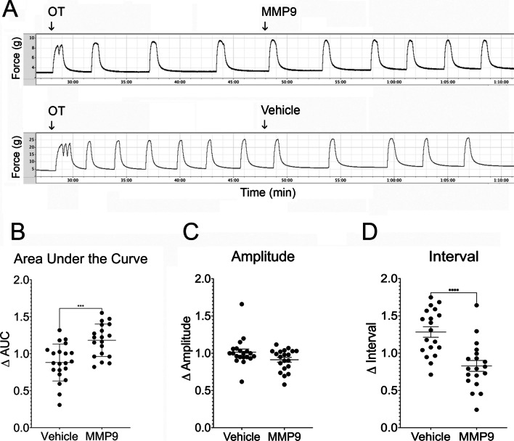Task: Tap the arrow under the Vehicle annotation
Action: click(x=264, y=124)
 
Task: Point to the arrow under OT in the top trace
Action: click(x=51, y=25)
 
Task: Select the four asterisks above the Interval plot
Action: click(x=435, y=290)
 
